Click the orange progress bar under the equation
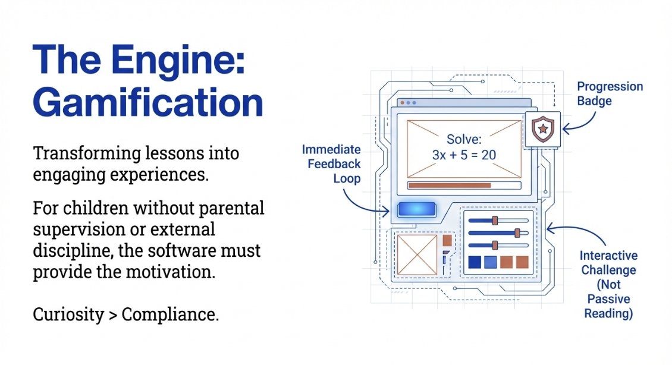[450, 185]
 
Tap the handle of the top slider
[494, 221]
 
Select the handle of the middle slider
[517, 232]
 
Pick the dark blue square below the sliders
[475, 262]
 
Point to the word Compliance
[170, 315]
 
